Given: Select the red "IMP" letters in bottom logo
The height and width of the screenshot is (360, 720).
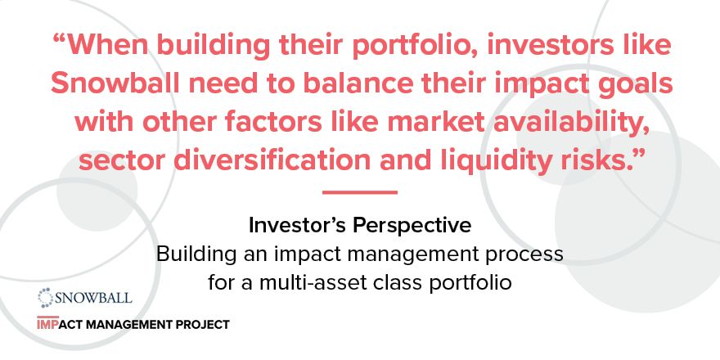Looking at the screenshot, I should click(x=49, y=325).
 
